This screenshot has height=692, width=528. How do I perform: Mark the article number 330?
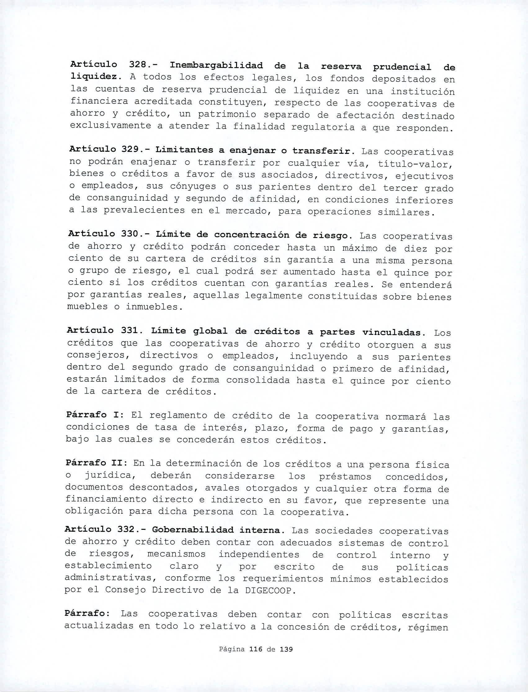point(132,234)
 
